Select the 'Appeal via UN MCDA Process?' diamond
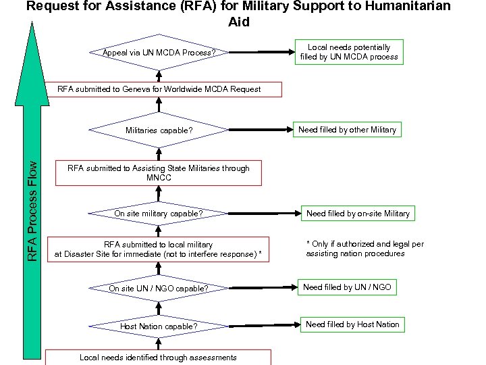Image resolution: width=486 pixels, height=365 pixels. coord(159,52)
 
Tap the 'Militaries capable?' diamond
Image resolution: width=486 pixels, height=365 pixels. coord(159,130)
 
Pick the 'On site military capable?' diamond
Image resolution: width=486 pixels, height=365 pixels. coord(159,214)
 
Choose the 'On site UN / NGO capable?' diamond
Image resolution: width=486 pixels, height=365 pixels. coord(159,289)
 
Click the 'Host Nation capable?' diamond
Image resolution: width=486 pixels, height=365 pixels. coord(159,326)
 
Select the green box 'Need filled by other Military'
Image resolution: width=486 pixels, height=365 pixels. coord(347,129)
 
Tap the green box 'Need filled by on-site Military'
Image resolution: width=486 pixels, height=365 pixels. coord(358,214)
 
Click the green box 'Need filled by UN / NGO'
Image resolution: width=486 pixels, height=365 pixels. coord(347,287)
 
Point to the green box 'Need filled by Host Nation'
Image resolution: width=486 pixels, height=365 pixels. coord(352,324)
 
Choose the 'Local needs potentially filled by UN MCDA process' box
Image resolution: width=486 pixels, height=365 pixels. coord(349,52)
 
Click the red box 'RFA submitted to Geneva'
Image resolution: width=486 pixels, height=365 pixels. coord(159,89)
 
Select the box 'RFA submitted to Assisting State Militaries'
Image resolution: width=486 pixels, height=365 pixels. coord(159,173)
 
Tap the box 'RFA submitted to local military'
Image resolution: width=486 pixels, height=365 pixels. coord(159,249)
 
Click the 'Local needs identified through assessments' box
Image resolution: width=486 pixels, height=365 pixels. coord(159,357)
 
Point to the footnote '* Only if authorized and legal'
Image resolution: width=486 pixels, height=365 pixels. coord(364,249)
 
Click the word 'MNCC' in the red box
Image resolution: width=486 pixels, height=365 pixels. coord(159,178)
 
